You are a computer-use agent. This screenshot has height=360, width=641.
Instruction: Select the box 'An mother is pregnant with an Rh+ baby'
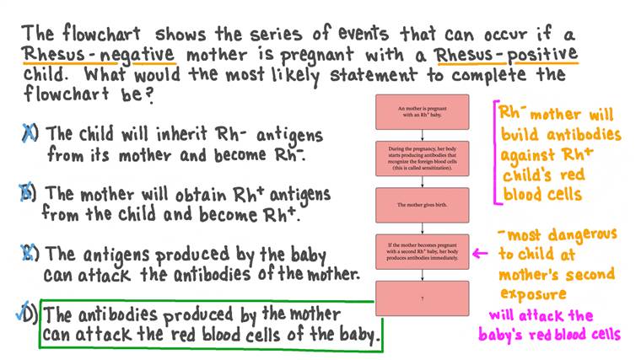pyautogui.click(x=422, y=112)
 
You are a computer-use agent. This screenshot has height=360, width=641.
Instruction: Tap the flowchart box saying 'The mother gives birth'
pyautogui.click(x=422, y=205)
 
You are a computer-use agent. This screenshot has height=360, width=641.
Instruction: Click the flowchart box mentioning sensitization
pyautogui.click(x=422, y=158)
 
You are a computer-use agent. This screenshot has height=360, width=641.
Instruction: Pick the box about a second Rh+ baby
pyautogui.click(x=422, y=251)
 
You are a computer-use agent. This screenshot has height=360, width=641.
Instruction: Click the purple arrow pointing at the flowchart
pyautogui.click(x=481, y=251)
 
